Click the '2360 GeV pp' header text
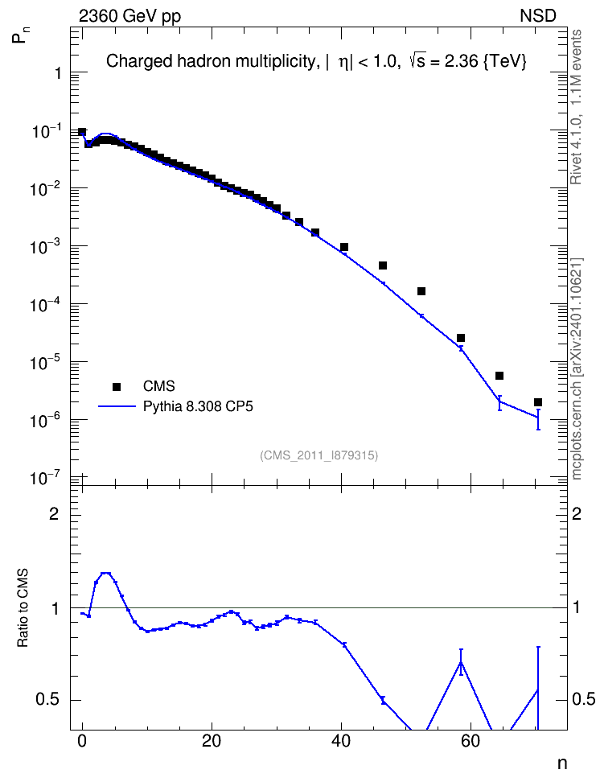129,16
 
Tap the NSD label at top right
537,16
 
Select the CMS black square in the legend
117,386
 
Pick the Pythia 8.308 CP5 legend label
198,406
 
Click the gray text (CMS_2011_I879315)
318,455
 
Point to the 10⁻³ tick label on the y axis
45,245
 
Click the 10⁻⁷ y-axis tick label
45,478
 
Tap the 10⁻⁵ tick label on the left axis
45,361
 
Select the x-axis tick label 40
341,742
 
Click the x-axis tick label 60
471,742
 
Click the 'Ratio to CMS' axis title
23,608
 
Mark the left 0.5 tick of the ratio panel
47,700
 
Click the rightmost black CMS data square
537,402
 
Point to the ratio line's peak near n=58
461,662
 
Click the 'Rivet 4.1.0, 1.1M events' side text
576,107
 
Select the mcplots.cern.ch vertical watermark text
576,368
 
